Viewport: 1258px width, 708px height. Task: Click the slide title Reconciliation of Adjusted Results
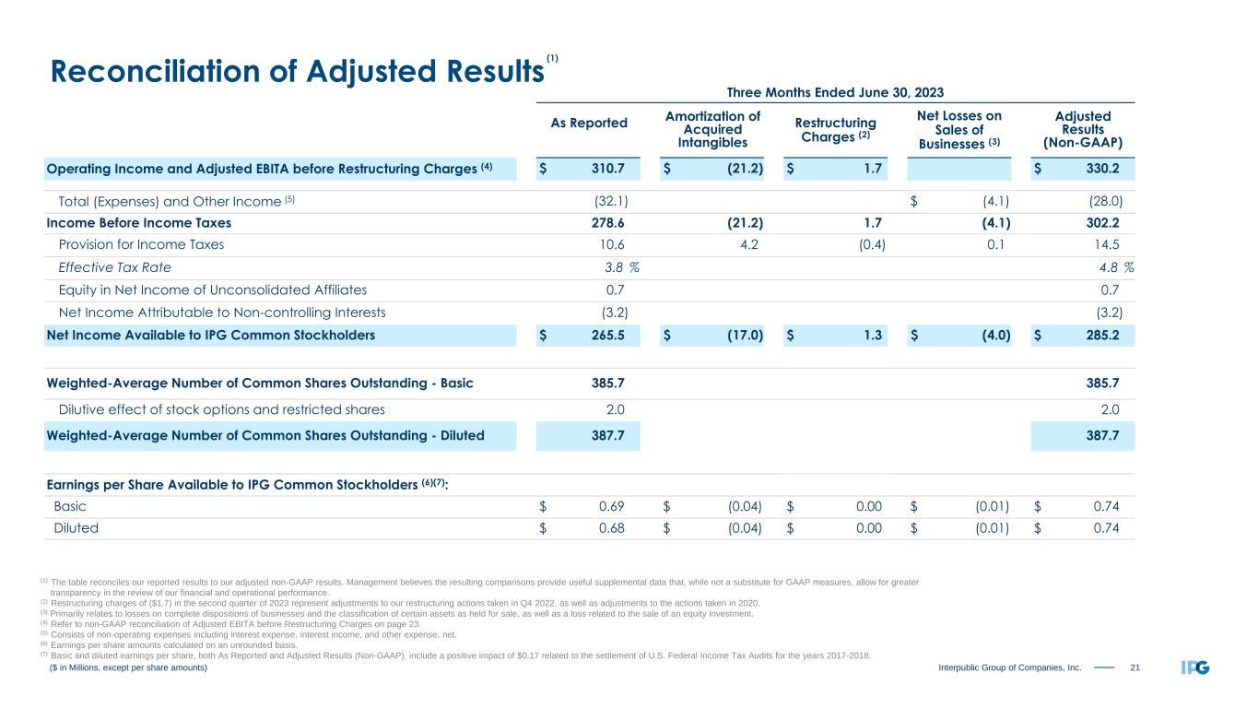tap(295, 72)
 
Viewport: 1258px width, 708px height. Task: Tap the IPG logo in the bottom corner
tap(1194, 667)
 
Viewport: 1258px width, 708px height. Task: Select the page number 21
tap(1136, 667)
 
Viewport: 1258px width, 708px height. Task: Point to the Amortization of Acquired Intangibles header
tap(711, 129)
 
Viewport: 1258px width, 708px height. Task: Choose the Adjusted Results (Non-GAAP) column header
tap(1083, 129)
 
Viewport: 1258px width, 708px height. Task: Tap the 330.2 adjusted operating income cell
tap(1102, 169)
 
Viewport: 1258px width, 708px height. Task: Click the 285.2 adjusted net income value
tap(1102, 336)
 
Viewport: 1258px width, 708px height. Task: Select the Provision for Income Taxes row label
tap(141, 245)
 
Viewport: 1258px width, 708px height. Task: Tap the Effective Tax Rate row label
tap(114, 267)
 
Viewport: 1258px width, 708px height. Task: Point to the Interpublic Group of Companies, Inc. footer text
tap(1010, 667)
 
